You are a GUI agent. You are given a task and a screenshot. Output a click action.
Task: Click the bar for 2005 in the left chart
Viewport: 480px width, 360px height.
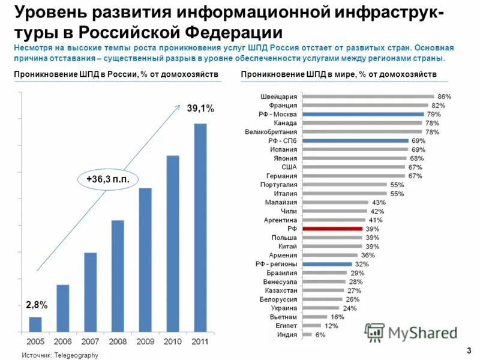pos(35,324)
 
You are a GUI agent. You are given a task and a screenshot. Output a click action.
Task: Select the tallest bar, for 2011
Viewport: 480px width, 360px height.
pos(200,227)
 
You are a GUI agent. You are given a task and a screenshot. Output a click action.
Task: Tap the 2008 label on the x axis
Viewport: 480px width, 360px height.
pos(118,341)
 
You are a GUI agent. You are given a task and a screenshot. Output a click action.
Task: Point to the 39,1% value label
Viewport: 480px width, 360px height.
pos(200,109)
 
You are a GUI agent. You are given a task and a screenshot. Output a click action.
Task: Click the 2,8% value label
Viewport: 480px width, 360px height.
pos(37,306)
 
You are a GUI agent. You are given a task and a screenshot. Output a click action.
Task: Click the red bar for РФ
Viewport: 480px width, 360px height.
pos(332,229)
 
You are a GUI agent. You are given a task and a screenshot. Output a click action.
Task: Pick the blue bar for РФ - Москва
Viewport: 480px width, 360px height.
pos(363,114)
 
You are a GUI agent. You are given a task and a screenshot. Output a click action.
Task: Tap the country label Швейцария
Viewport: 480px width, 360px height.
pos(278,97)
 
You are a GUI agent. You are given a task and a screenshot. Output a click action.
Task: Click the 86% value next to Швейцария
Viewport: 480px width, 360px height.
pos(444,97)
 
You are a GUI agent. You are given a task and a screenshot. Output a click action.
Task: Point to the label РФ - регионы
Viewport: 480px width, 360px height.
pos(277,264)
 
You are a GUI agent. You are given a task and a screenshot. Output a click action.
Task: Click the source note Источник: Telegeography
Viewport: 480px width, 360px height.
pos(59,355)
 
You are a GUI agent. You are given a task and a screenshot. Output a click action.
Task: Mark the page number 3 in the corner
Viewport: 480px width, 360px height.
pos(467,350)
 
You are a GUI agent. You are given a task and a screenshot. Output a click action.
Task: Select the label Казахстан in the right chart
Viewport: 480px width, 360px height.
pos(280,290)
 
